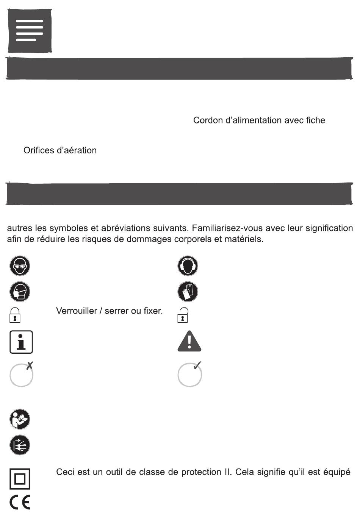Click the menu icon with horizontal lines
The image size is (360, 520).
(30, 31)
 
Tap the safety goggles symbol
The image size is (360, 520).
(20, 265)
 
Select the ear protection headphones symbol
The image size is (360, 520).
(188, 265)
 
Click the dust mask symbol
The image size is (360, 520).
(20, 292)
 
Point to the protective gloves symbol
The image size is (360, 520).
(188, 292)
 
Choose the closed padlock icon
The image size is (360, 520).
(14, 315)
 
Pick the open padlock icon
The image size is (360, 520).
(183, 315)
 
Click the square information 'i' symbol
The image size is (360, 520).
(21, 342)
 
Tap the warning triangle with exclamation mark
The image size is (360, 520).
(189, 341)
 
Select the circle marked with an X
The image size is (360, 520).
(22, 374)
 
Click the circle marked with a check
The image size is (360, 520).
(189, 374)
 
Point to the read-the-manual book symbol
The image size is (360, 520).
(20, 419)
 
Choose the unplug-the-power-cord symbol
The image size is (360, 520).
(20, 445)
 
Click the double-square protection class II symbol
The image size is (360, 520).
(20, 479)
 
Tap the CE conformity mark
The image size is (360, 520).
(20, 503)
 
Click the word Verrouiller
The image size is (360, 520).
(77, 311)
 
